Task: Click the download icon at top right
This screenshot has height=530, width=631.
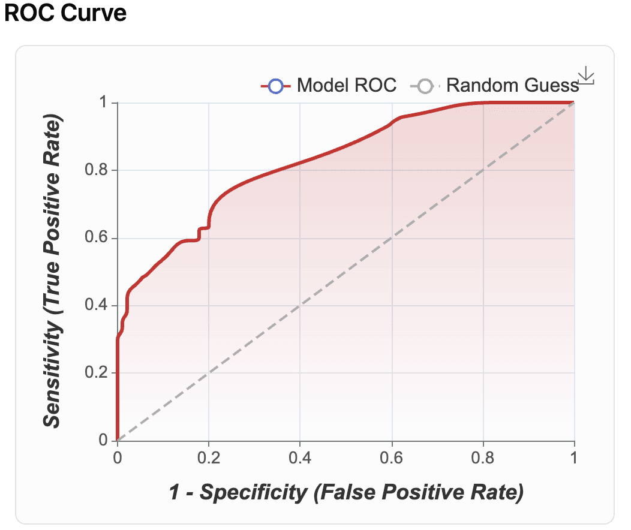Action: click(585, 76)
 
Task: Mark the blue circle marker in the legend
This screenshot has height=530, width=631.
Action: click(275, 86)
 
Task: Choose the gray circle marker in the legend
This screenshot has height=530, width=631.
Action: click(425, 86)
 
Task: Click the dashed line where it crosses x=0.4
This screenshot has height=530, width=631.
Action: click(300, 306)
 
